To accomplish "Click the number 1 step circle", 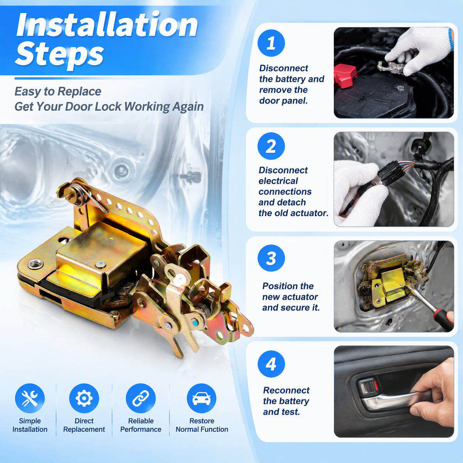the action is [x=271, y=43].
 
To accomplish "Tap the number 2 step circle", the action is [x=271, y=146].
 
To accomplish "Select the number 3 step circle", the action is [x=271, y=258].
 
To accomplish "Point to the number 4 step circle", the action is [x=271, y=364].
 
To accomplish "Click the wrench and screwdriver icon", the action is [x=30, y=398].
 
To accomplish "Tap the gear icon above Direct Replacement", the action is [x=84, y=398].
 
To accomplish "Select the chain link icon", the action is [x=140, y=398].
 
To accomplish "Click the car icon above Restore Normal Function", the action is [x=201, y=398].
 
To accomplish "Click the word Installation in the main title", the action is [x=107, y=25].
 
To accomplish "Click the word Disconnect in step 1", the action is [x=284, y=68].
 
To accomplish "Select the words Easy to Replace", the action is [x=58, y=91].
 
